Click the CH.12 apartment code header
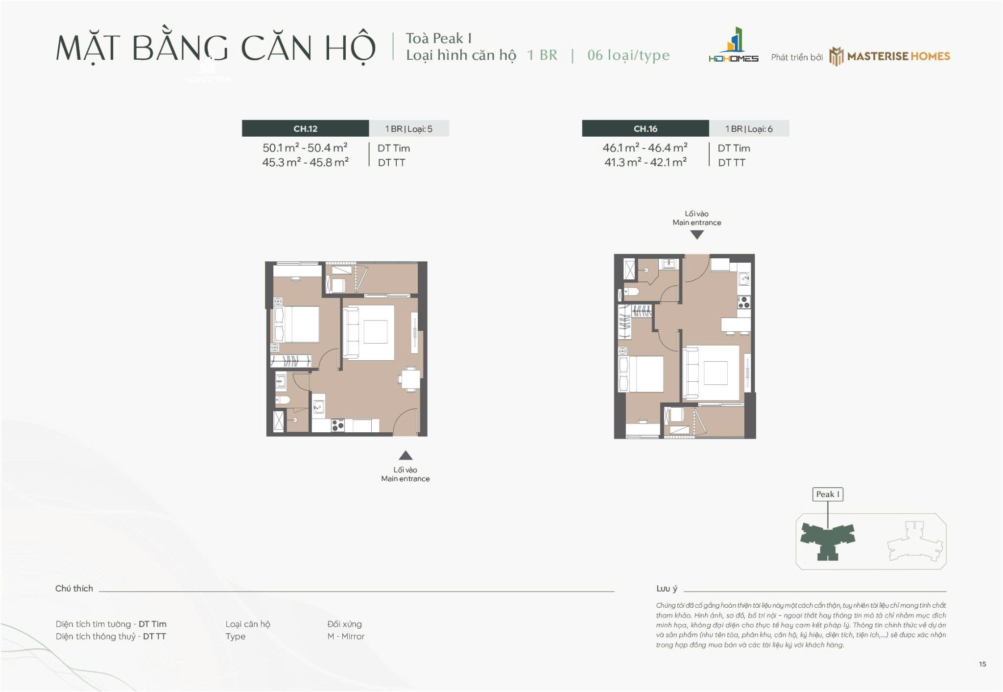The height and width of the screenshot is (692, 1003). pyautogui.click(x=305, y=128)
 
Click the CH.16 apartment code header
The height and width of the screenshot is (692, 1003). pyautogui.click(x=645, y=128)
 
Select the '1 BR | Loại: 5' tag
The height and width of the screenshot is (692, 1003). pyautogui.click(x=408, y=129)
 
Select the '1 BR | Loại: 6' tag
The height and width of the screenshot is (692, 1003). pyautogui.click(x=749, y=129)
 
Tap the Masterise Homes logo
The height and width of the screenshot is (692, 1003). pyautogui.click(x=889, y=56)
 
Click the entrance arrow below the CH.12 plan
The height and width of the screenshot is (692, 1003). pyautogui.click(x=405, y=455)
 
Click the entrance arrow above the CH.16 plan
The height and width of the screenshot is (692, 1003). pyautogui.click(x=696, y=235)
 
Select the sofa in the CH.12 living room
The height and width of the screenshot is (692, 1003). pyautogui.click(x=351, y=333)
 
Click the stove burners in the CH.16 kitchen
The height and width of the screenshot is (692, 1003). pyautogui.click(x=743, y=302)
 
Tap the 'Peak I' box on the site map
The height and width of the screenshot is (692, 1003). pyautogui.click(x=827, y=494)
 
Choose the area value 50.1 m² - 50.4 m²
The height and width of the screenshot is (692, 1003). pyautogui.click(x=305, y=148)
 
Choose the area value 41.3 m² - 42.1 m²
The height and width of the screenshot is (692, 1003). pyautogui.click(x=645, y=162)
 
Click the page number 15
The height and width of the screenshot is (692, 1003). pyautogui.click(x=982, y=664)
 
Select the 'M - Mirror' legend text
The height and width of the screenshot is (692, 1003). pyautogui.click(x=346, y=636)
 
